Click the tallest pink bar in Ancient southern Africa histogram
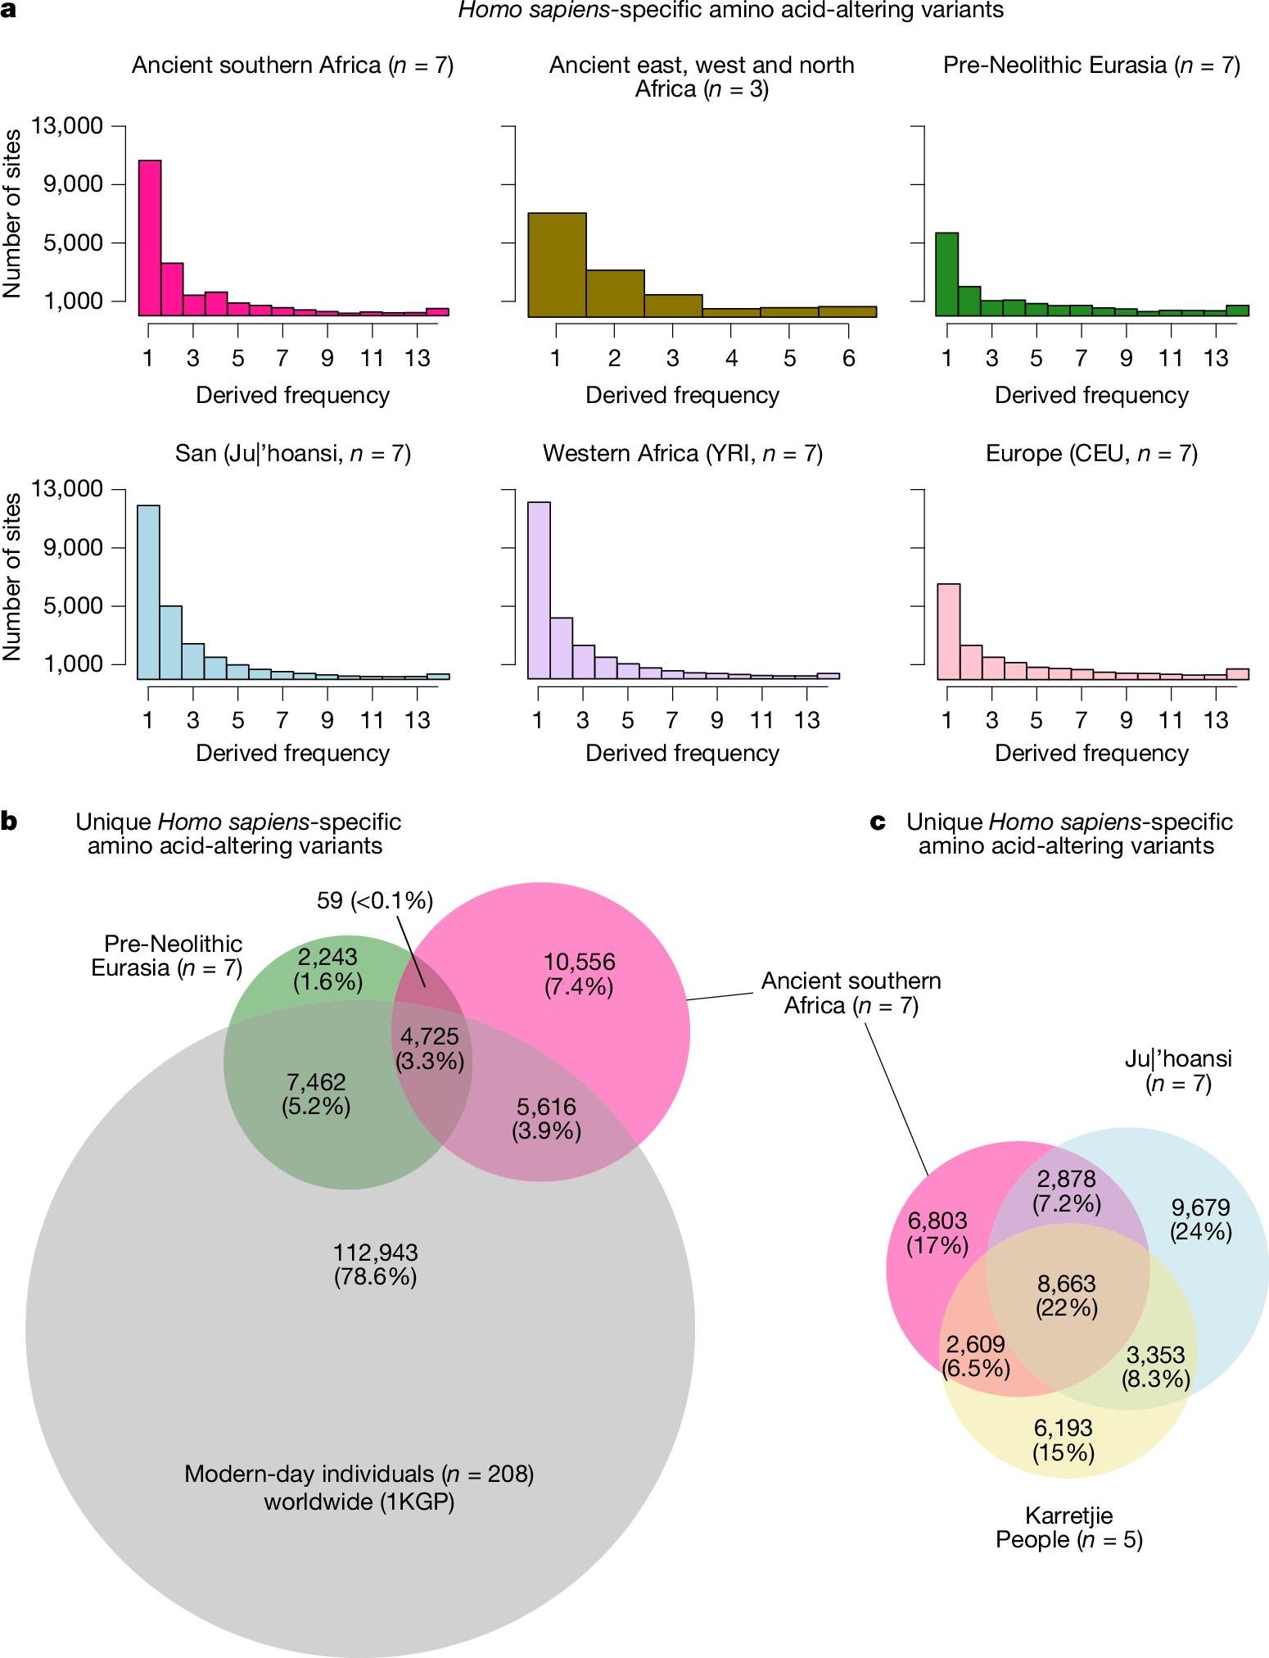pyautogui.click(x=149, y=238)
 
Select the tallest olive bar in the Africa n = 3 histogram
pyautogui.click(x=557, y=264)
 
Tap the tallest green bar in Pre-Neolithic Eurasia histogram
pyautogui.click(x=946, y=274)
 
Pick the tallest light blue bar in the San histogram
pyautogui.click(x=148, y=591)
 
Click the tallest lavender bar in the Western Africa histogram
pyautogui.click(x=539, y=590)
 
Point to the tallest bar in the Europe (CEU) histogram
pyautogui.click(x=948, y=631)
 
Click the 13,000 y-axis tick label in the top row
pyautogui.click(x=67, y=126)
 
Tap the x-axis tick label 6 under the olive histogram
pyautogui.click(x=848, y=358)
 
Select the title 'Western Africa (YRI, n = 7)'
pyautogui.click(x=682, y=453)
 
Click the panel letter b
pyautogui.click(x=9, y=822)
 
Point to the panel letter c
pyautogui.click(x=878, y=822)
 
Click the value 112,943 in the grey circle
pyautogui.click(x=375, y=1253)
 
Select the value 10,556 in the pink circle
pyautogui.click(x=579, y=963)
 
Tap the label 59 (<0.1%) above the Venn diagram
pyautogui.click(x=374, y=900)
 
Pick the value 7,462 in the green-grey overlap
pyautogui.click(x=316, y=1082)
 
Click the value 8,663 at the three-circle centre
pyautogui.click(x=1066, y=1284)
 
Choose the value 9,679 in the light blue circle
pyautogui.click(x=1200, y=1207)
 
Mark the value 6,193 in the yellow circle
pyautogui.click(x=1063, y=1429)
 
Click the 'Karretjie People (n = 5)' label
pyautogui.click(x=1068, y=1528)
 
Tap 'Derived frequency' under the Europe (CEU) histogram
pyautogui.click(x=1091, y=753)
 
